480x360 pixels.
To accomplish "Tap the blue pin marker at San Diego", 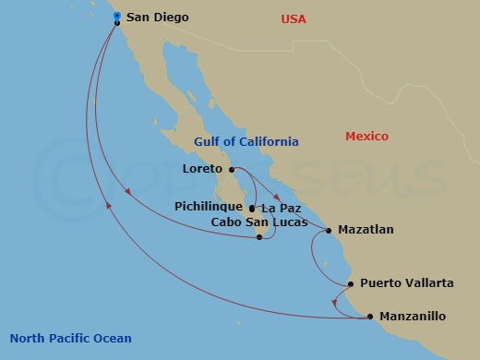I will tap(117, 16).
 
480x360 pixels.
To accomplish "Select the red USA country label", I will tap(294, 19).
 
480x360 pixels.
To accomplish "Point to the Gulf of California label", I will tap(246, 142).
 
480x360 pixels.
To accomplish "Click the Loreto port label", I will tap(203, 169).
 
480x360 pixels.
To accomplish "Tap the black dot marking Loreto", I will tap(231, 169).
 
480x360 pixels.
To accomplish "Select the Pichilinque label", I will tap(209, 207).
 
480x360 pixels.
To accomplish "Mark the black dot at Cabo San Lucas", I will tap(260, 237).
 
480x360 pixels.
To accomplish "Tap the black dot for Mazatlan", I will tap(329, 230).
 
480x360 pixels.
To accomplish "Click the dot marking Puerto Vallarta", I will tap(351, 284).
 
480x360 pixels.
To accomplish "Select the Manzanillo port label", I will tap(413, 317).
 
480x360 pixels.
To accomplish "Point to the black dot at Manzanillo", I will tap(370, 317).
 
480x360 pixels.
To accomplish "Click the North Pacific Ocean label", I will tap(70, 339).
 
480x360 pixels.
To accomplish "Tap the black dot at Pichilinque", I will tap(251, 209).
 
